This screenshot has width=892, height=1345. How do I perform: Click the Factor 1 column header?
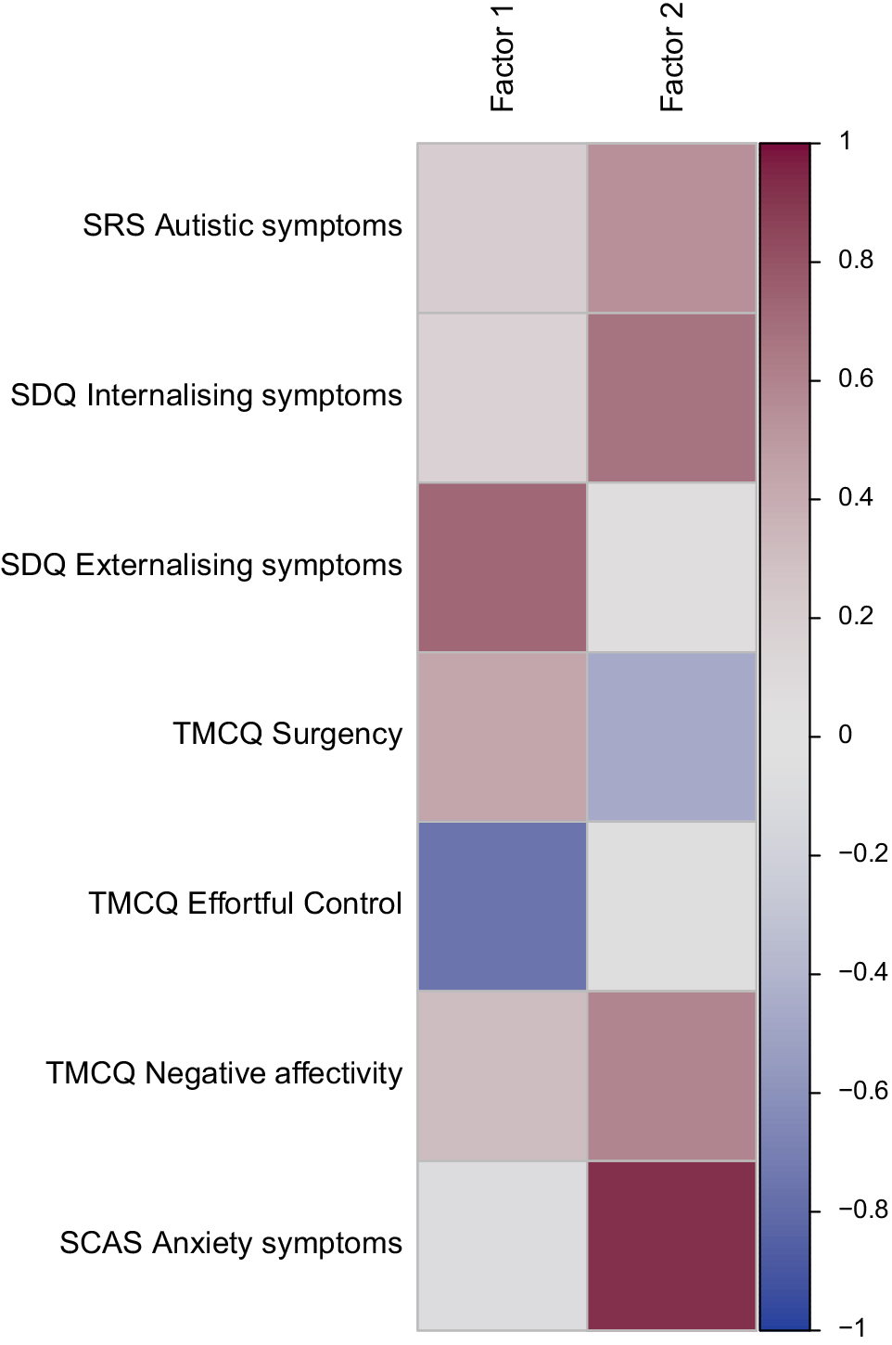point(502,58)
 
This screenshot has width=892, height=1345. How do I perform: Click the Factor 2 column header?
point(671,58)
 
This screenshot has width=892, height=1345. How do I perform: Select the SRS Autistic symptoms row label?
point(242,225)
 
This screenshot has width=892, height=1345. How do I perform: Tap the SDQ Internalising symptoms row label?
point(206,395)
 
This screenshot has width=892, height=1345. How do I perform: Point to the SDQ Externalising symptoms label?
point(201,565)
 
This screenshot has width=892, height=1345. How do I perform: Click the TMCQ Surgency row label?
point(287,734)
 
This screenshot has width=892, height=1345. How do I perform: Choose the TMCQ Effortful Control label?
point(245,903)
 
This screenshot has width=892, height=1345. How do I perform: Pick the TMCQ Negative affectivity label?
point(223,1073)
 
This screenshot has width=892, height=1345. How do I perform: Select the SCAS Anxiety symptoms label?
point(231,1243)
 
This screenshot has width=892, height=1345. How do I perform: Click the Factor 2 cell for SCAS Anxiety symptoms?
point(671,1245)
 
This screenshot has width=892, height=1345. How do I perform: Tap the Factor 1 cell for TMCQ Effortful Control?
point(502,906)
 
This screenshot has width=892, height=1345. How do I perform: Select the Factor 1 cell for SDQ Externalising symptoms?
point(502,567)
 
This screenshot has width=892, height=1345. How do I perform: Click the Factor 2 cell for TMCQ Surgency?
point(671,737)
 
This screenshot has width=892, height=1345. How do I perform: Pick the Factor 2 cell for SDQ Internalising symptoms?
point(671,397)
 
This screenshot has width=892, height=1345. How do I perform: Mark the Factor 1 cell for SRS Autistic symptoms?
point(502,227)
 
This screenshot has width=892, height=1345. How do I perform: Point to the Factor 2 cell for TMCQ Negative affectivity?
point(671,1076)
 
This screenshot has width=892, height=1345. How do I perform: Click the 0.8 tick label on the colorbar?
point(855,260)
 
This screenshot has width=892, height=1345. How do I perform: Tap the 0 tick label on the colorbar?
point(845,735)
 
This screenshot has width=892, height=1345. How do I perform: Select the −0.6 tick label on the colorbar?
point(862,1091)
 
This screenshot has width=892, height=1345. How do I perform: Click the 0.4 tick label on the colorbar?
point(855,497)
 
